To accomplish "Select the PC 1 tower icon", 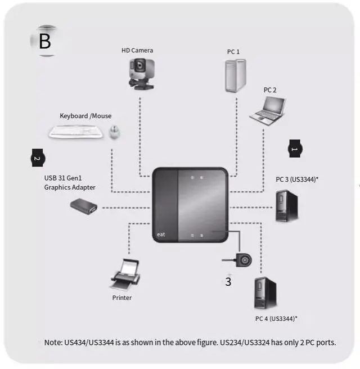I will pyautogui.click(x=235, y=75).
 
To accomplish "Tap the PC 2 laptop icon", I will pyautogui.click(x=266, y=109).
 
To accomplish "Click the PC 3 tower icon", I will pyautogui.click(x=286, y=205).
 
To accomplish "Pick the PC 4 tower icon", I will pyautogui.click(x=265, y=292).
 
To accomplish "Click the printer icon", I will pyautogui.click(x=125, y=274).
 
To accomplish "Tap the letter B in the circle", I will pyautogui.click(x=44, y=41).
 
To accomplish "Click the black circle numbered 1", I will pyautogui.click(x=295, y=148).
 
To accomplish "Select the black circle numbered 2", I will pyautogui.click(x=37, y=158).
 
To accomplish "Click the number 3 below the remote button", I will pyautogui.click(x=228, y=282).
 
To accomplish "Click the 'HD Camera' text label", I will pyautogui.click(x=137, y=51).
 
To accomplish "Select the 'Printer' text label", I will pyautogui.click(x=121, y=298).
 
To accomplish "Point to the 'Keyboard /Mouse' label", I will pyautogui.click(x=85, y=116).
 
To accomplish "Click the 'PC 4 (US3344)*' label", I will pyautogui.click(x=276, y=318).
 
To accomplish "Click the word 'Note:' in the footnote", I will pyautogui.click(x=55, y=343).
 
